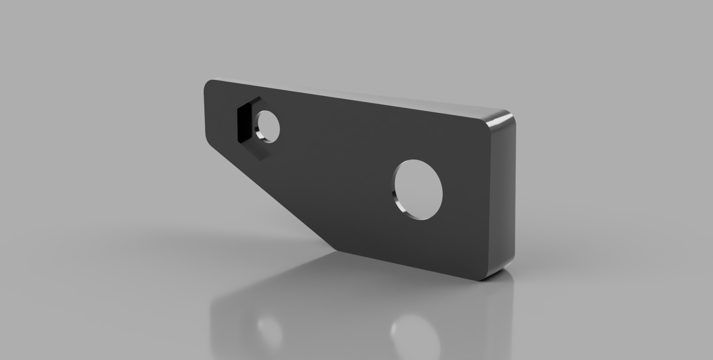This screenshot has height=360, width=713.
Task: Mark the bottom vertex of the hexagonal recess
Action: [x=261, y=160]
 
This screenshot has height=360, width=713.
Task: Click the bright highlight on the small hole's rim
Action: [x=261, y=135]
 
